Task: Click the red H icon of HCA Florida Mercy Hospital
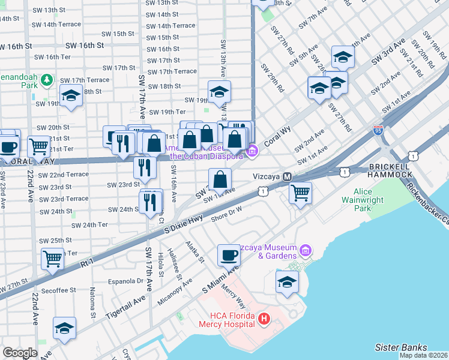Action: point(264,321)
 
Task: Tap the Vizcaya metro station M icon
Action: point(287,177)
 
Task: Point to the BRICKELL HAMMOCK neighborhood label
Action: point(390,170)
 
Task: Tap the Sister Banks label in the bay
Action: point(400,347)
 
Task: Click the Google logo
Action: point(20,352)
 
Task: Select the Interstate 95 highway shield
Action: point(378,130)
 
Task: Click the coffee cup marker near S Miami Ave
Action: point(228,255)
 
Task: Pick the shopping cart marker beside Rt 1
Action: point(53,259)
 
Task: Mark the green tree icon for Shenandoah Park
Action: point(47,79)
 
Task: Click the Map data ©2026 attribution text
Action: point(423,355)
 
